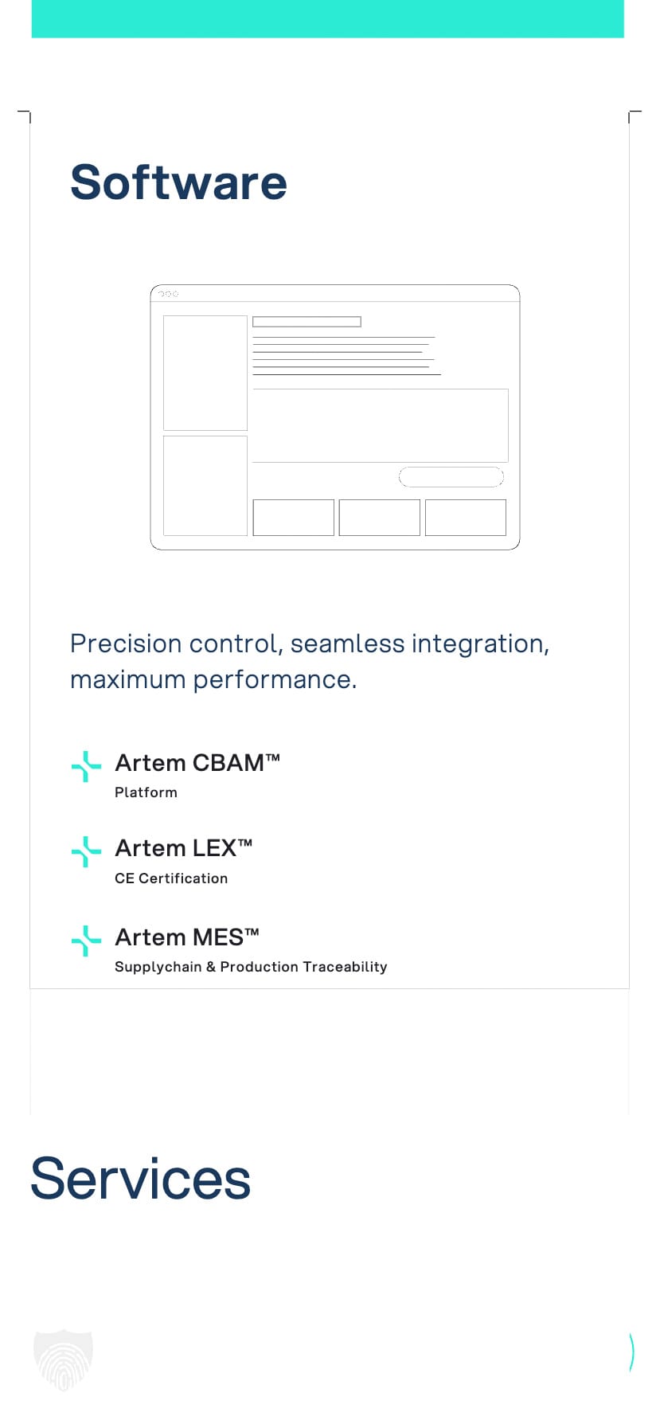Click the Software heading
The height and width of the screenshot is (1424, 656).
point(178,182)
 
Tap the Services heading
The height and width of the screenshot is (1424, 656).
point(140,1179)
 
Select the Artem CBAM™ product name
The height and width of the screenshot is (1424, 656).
point(197,763)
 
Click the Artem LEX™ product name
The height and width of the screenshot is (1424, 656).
point(184,848)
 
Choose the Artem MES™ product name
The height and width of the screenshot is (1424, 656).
point(187,937)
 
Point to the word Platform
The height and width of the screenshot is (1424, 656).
point(146,792)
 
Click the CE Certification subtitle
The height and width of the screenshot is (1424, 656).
point(171,878)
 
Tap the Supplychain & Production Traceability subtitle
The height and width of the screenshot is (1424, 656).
point(251,967)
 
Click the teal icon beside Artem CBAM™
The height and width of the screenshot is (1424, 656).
point(86,766)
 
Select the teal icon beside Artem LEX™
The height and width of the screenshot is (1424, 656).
point(86,851)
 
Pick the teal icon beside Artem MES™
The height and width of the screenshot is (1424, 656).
point(86,941)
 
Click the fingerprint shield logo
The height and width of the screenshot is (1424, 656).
point(64,1359)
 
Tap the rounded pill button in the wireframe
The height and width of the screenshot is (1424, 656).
point(451,477)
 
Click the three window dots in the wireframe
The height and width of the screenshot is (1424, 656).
point(168,294)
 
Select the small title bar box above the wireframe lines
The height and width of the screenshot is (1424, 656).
point(307,322)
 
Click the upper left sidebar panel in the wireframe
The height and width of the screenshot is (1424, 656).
point(205,373)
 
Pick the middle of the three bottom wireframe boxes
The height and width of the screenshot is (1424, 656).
point(380,518)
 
